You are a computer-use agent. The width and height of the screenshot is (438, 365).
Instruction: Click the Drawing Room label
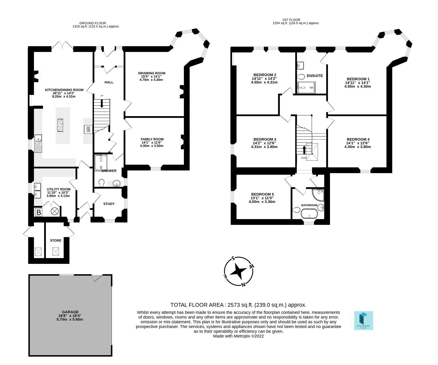click(x=151, y=73)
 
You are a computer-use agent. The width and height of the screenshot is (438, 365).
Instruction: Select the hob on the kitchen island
click(x=60, y=125)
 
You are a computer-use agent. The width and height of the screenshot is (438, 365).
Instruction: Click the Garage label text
click(x=70, y=312)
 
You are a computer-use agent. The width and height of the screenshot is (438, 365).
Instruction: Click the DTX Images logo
click(x=364, y=320)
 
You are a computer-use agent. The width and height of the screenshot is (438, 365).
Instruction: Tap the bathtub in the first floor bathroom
click(x=309, y=214)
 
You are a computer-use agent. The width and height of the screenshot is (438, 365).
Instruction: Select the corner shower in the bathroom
click(x=318, y=194)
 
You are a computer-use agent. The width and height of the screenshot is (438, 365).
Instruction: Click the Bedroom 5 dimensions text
click(x=262, y=200)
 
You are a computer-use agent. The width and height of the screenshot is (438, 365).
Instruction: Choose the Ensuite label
click(x=315, y=76)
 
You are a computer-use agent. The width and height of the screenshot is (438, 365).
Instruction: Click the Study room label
click(x=109, y=204)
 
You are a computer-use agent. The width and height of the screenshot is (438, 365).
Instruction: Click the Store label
click(x=56, y=240)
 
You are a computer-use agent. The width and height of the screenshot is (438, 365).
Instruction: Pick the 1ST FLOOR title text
click(x=291, y=20)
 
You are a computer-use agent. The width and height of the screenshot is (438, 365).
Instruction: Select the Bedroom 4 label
click(x=358, y=139)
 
